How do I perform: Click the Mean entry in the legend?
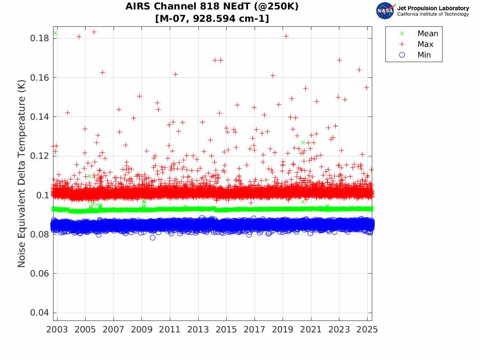pyautogui.click(x=427, y=34)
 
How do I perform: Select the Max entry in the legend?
pyautogui.click(x=425, y=44)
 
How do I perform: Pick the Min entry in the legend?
pyautogui.click(x=424, y=55)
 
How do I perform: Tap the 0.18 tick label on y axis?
pyautogui.click(x=38, y=39)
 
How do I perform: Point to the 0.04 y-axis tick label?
pyautogui.click(x=38, y=313)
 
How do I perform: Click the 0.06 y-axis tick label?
pyautogui.click(x=38, y=274)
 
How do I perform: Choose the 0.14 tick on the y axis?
pyautogui.click(x=38, y=117)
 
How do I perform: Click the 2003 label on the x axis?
pyautogui.click(x=57, y=330)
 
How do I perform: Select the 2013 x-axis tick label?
pyautogui.click(x=198, y=330)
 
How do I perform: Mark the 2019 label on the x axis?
pyautogui.click(x=283, y=330)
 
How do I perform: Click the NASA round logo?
pyautogui.click(x=385, y=11)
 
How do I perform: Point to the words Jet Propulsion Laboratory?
pyautogui.click(x=433, y=8)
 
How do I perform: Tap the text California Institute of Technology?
pyautogui.click(x=433, y=14)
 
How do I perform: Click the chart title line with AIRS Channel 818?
pyautogui.click(x=212, y=7)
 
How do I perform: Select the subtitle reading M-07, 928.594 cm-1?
pyautogui.click(x=212, y=19)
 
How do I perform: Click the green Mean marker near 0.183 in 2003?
pyautogui.click(x=55, y=33)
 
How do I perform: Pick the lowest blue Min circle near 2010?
pyautogui.click(x=153, y=238)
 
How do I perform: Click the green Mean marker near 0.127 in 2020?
pyautogui.click(x=303, y=142)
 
